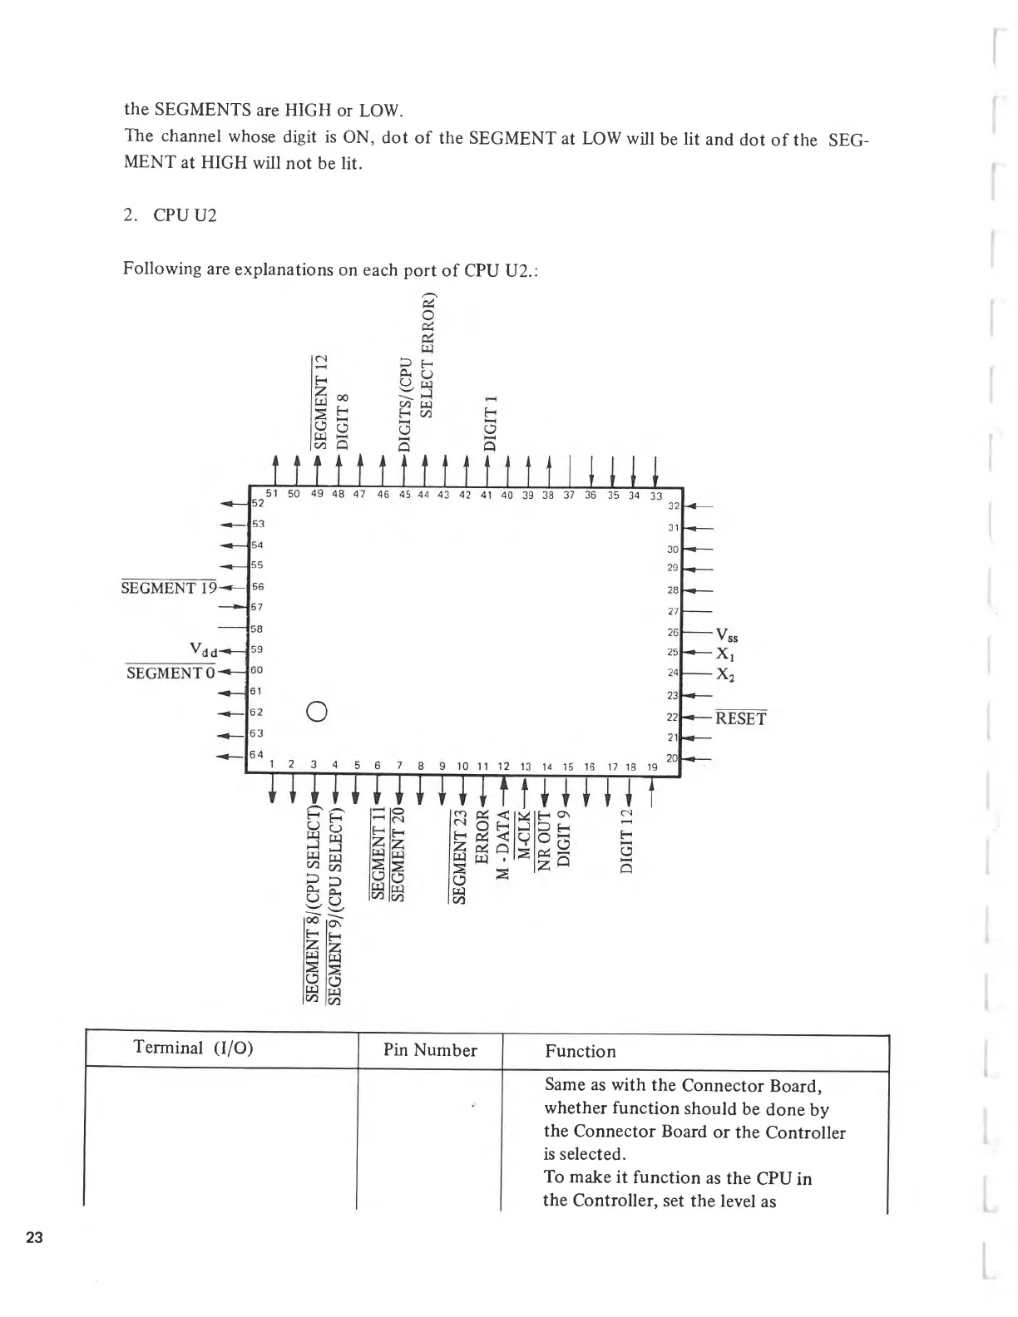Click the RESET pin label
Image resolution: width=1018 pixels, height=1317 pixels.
tap(740, 718)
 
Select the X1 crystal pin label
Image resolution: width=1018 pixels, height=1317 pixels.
tap(725, 656)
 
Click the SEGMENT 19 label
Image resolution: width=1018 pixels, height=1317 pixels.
tap(168, 588)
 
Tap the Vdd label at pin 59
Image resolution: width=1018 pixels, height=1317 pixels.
tap(205, 649)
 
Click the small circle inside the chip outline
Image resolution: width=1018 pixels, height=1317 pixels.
tap(315, 711)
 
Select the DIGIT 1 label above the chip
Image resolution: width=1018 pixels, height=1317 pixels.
tap(491, 423)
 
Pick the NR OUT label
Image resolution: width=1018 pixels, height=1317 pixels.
tap(544, 839)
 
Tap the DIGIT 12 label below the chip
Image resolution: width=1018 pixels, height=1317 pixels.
tap(628, 840)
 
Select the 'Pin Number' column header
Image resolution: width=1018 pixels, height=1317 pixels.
tap(430, 1050)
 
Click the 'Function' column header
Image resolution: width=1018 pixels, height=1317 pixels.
tap(580, 1051)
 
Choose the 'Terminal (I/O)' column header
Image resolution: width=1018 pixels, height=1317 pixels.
tap(193, 1047)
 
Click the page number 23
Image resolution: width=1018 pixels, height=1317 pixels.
tap(34, 1237)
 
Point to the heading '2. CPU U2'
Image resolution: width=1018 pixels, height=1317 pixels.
tap(170, 215)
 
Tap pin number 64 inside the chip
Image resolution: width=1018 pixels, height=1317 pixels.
tap(257, 753)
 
